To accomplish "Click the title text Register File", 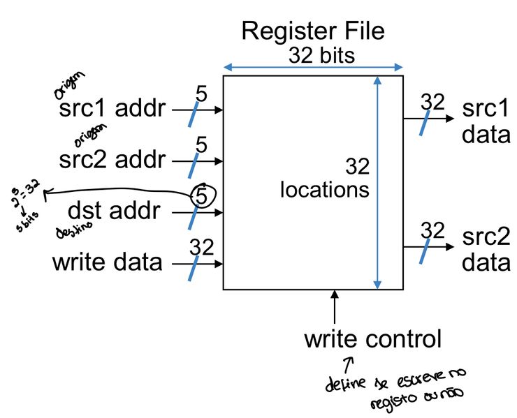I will click(x=312, y=31).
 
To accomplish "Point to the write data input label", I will click(x=107, y=262).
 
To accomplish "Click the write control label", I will click(x=372, y=339).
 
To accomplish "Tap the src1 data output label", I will click(x=486, y=121).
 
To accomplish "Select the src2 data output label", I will click(x=486, y=248).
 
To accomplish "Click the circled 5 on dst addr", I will click(x=201, y=197).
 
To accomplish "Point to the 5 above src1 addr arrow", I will click(x=201, y=94).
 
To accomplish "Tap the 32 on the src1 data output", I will click(x=432, y=102).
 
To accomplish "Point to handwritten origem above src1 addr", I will click(x=69, y=84).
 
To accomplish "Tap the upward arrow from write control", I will click(x=335, y=306).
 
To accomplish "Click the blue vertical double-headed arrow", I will click(x=377, y=181).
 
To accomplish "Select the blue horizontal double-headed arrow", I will click(x=313, y=68).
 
